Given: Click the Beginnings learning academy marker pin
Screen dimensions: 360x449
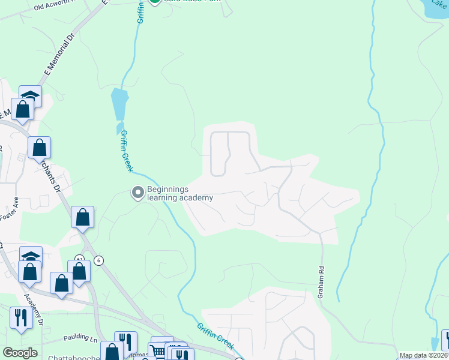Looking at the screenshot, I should (x=137, y=193).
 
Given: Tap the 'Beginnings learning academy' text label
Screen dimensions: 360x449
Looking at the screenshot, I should (x=180, y=193).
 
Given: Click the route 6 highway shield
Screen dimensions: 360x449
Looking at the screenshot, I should (x=99, y=260).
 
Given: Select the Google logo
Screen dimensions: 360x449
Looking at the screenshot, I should (x=20, y=353).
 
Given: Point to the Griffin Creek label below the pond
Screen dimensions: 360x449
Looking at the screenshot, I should (x=126, y=151).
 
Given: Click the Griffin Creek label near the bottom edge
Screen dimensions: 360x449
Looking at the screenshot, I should (x=214, y=336).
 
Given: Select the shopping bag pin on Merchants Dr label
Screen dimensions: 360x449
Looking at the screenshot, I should (x=39, y=147).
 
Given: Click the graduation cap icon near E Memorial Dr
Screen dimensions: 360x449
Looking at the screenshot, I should (x=30, y=96).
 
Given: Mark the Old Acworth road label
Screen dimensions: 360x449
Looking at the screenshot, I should (x=56, y=6).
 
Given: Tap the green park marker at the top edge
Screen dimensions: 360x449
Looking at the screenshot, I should (x=155, y=1).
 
